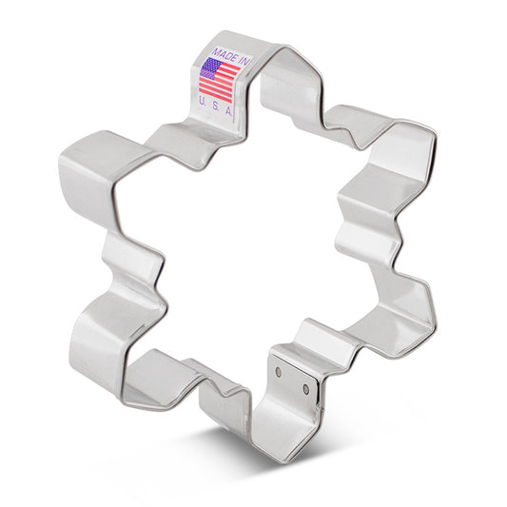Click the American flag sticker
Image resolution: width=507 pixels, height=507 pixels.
pyautogui.click(x=220, y=73)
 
